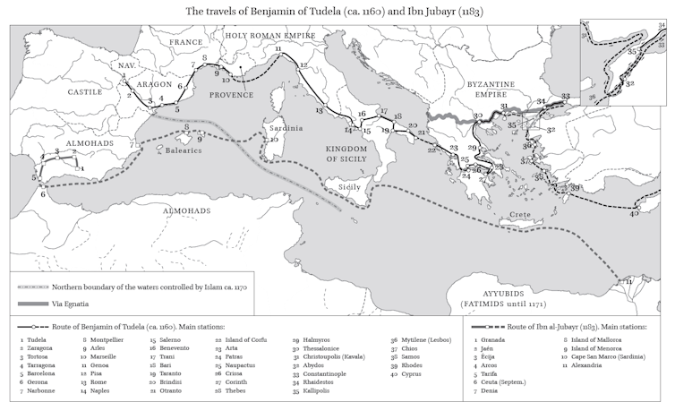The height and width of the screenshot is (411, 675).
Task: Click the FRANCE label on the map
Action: click(187, 41)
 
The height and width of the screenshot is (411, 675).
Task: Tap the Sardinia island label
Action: click(283, 124)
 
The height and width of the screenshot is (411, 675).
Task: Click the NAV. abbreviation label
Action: click(125, 65)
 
